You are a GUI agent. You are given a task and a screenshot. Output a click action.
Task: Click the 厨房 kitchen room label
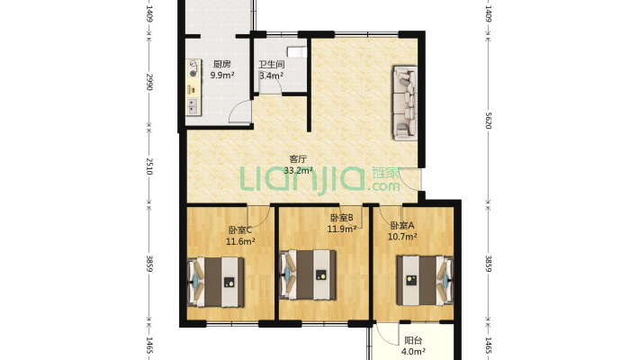pyautogui.click(x=222, y=64)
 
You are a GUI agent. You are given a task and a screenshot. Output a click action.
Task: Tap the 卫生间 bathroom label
pyautogui.click(x=272, y=65)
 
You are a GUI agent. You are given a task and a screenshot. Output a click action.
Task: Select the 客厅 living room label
pyautogui.click(x=298, y=159)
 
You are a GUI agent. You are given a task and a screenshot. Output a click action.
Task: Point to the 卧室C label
pyautogui.click(x=240, y=229)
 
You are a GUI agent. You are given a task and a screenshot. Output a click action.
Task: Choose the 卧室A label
pyautogui.click(x=401, y=226)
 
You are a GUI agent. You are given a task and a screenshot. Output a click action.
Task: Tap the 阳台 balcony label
pyautogui.click(x=413, y=340)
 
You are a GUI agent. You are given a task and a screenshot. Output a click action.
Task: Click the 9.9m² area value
pyautogui.click(x=222, y=75)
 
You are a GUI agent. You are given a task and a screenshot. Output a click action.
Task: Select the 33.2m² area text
pyautogui.click(x=298, y=170)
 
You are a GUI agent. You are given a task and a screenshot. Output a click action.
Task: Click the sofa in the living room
pyautogui.click(x=405, y=103)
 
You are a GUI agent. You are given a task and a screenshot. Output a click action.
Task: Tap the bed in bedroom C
pyautogui.click(x=216, y=282)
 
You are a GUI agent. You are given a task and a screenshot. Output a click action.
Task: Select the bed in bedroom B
pyautogui.click(x=308, y=274)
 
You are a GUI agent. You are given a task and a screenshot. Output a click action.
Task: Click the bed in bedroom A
pyautogui.click(x=425, y=280)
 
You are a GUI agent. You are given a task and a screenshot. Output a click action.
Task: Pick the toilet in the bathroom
pyautogui.click(x=297, y=52)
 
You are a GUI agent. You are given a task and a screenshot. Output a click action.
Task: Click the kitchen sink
pyautogui.click(x=193, y=105)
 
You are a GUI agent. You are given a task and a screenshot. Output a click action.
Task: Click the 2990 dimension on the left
pyautogui.click(x=149, y=83)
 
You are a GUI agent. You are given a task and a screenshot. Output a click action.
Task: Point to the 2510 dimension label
pyautogui.click(x=149, y=166)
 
